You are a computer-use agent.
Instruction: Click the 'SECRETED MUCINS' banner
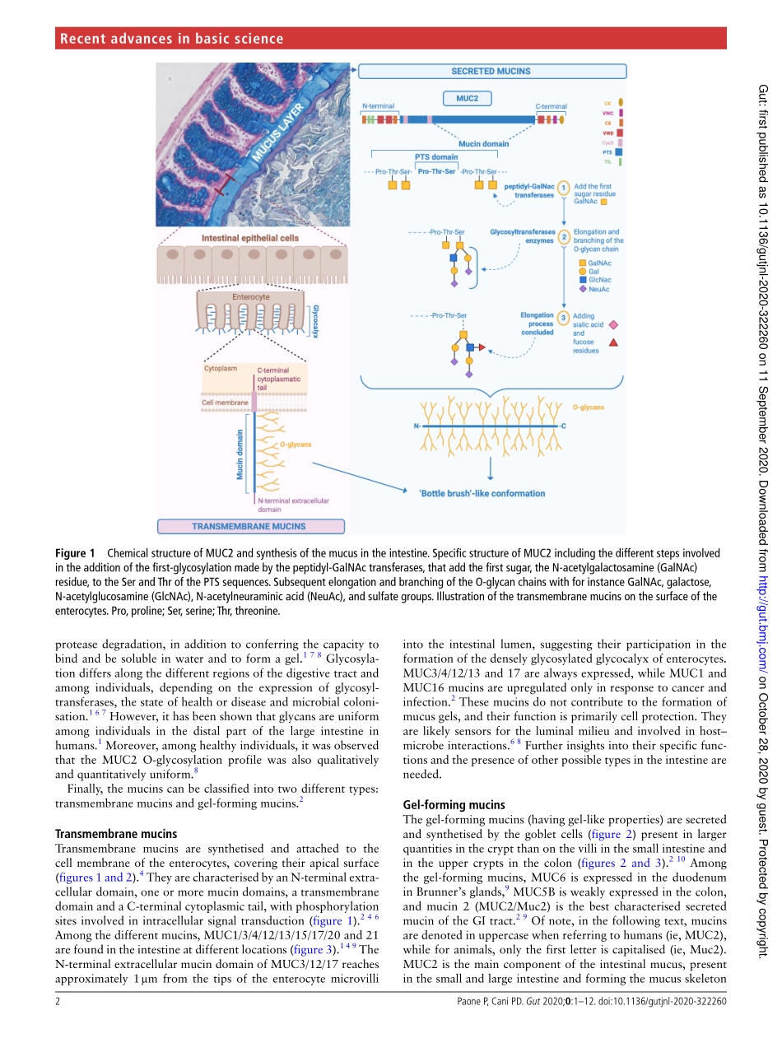[491, 72]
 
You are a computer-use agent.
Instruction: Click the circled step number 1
[564, 189]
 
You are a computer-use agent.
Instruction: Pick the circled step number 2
[564, 237]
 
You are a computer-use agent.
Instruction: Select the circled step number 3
[563, 318]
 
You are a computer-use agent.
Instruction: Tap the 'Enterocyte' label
[250, 296]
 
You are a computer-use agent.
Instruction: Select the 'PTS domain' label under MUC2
[435, 157]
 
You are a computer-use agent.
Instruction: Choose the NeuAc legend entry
[598, 289]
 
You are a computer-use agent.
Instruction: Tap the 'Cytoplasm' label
[220, 369]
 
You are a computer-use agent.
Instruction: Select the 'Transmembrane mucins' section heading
[115, 834]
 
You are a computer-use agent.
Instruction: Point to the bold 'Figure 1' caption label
[76, 553]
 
